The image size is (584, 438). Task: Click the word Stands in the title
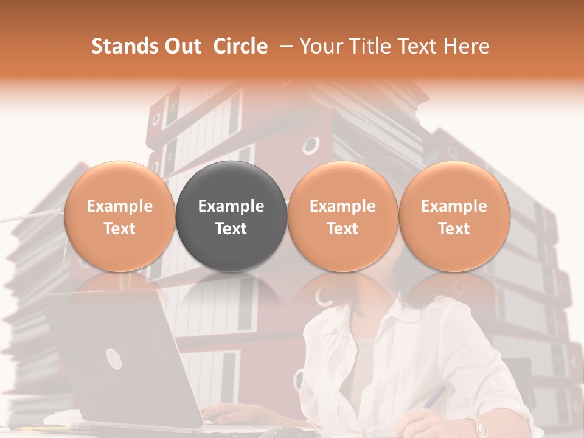pyautogui.click(x=122, y=46)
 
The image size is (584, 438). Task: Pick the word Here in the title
pyautogui.click(x=467, y=46)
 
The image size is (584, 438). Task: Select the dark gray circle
pyautogui.click(x=231, y=216)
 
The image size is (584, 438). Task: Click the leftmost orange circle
pyautogui.click(x=119, y=216)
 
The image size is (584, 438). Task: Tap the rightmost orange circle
pyautogui.click(x=454, y=216)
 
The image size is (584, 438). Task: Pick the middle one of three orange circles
pyautogui.click(x=342, y=216)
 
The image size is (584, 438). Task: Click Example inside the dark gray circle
pyautogui.click(x=231, y=206)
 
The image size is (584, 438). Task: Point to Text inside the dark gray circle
pyautogui.click(x=231, y=229)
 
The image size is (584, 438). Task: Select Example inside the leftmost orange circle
pyautogui.click(x=119, y=206)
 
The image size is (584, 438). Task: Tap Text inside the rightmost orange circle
pyautogui.click(x=454, y=229)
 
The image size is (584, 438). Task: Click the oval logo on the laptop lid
pyautogui.click(x=114, y=358)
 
